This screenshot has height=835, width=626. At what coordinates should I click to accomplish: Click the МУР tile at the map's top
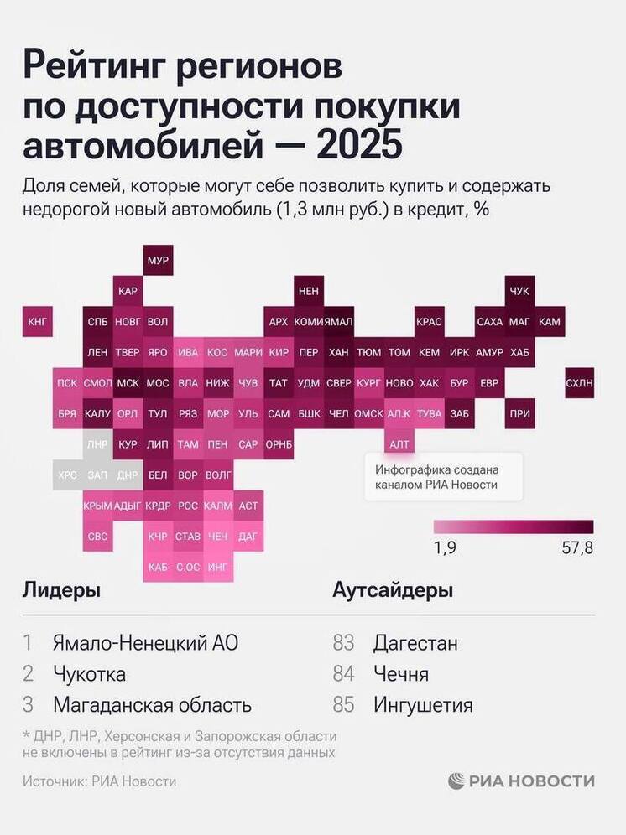click(x=158, y=261)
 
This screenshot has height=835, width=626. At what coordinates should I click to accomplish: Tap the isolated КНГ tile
click(x=38, y=321)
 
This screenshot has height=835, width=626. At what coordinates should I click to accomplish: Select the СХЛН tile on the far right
click(x=580, y=382)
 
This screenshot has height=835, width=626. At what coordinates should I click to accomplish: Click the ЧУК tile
click(x=519, y=291)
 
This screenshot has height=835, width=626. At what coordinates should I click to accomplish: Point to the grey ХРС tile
click(x=67, y=474)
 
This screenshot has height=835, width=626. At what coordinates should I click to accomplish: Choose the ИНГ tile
click(x=217, y=567)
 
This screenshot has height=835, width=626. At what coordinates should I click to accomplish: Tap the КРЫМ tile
click(x=97, y=505)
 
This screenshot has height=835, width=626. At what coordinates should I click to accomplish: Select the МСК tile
click(x=128, y=382)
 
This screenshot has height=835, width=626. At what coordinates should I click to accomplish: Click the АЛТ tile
click(x=399, y=443)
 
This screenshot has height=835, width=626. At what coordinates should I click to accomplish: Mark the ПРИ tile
click(x=519, y=413)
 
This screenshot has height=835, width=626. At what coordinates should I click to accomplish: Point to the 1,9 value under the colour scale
click(x=446, y=548)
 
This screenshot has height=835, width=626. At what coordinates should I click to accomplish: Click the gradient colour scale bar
click(x=513, y=526)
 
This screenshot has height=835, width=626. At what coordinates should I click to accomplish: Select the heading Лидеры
click(x=61, y=590)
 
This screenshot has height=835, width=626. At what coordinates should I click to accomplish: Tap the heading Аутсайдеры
click(x=393, y=590)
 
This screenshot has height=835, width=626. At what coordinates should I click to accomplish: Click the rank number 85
click(x=344, y=704)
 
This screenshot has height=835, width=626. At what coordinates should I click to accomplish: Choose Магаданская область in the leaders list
click(x=152, y=704)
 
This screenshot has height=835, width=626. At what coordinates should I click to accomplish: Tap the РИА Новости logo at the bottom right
click(x=521, y=781)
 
